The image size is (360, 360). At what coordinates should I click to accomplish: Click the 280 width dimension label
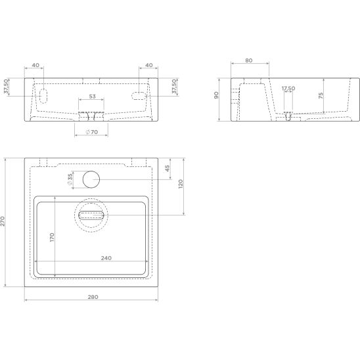point(93,297)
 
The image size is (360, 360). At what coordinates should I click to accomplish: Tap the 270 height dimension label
point(2,221)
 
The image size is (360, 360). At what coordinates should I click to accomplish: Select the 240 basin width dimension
point(106,258)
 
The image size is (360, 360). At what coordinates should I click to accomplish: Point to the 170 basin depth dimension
point(52,237)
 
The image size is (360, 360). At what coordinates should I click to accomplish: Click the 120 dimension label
point(181,184)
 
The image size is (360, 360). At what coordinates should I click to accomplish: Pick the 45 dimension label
point(168,168)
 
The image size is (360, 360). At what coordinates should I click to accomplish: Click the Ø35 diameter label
point(70,179)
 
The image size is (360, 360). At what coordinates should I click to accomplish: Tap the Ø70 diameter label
point(92,132)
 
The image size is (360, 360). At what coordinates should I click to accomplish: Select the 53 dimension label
point(92,97)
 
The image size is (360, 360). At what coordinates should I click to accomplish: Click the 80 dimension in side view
point(248,60)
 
